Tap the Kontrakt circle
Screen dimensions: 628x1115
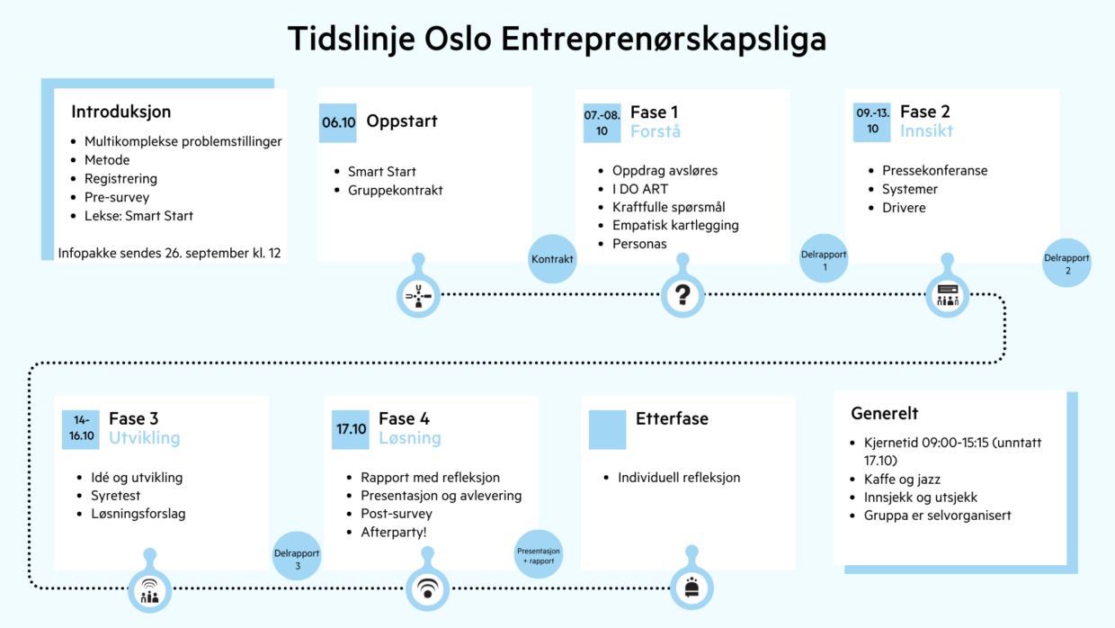[552, 259]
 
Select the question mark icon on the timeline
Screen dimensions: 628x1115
[682, 294]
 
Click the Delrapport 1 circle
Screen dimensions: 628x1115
[824, 259]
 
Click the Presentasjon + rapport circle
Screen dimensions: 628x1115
[539, 553]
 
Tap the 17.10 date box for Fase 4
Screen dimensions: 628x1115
[351, 429]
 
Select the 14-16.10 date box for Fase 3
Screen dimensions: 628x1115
[80, 429]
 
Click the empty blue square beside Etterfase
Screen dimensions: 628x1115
[607, 429]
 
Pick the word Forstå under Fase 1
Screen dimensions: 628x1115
[655, 132]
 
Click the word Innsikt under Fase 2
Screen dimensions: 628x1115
[926, 132]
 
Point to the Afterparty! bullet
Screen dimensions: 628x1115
[394, 533]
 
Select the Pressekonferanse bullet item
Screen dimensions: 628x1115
[934, 170]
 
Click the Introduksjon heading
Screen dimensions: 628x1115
[120, 112]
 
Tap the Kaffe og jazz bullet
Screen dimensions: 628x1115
[902, 480]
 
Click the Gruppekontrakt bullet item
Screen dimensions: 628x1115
[395, 190]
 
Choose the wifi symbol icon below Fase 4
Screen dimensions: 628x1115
[428, 590]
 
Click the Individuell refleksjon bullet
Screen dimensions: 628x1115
[678, 478]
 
